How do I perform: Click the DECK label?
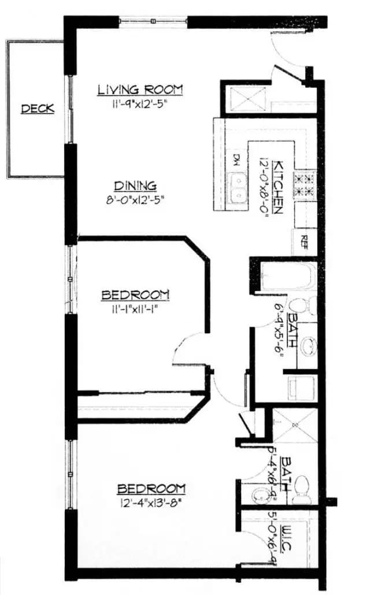tap(38, 109)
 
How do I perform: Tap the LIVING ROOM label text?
tap(140, 90)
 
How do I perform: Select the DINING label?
tap(135, 186)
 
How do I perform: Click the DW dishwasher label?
tap(236, 158)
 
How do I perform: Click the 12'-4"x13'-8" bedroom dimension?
tap(151, 502)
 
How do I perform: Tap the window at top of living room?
tap(154, 22)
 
